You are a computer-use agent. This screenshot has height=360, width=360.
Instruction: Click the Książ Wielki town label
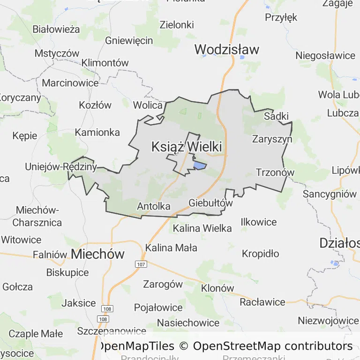(187, 147)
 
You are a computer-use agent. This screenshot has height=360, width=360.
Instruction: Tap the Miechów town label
(98, 254)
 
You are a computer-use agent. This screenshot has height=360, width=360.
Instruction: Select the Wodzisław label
(227, 49)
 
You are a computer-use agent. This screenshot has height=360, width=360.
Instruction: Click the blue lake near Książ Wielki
(200, 165)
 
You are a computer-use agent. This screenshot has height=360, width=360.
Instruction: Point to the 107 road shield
(141, 264)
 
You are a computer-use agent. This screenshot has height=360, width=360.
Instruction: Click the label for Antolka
(154, 206)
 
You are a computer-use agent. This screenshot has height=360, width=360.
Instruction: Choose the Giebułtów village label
(210, 203)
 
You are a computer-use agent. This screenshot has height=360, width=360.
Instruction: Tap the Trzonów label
(275, 172)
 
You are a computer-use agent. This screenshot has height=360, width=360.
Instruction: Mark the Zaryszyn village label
(272, 139)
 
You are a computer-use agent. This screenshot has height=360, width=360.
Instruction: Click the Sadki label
(276, 116)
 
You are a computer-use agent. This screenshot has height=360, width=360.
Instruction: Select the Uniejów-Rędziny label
(61, 166)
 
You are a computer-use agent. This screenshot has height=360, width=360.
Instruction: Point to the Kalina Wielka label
(202, 228)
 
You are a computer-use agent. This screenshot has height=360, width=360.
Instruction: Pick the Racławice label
(262, 302)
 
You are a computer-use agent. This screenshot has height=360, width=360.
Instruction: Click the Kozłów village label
(95, 105)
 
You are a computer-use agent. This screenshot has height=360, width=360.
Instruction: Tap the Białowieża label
(56, 29)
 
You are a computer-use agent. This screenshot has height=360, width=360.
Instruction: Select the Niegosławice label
(325, 55)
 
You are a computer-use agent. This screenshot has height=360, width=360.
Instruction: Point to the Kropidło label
(260, 254)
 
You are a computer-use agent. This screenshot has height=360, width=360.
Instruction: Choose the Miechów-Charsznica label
(37, 216)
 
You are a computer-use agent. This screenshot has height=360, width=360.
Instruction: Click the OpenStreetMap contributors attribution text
(273, 346)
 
